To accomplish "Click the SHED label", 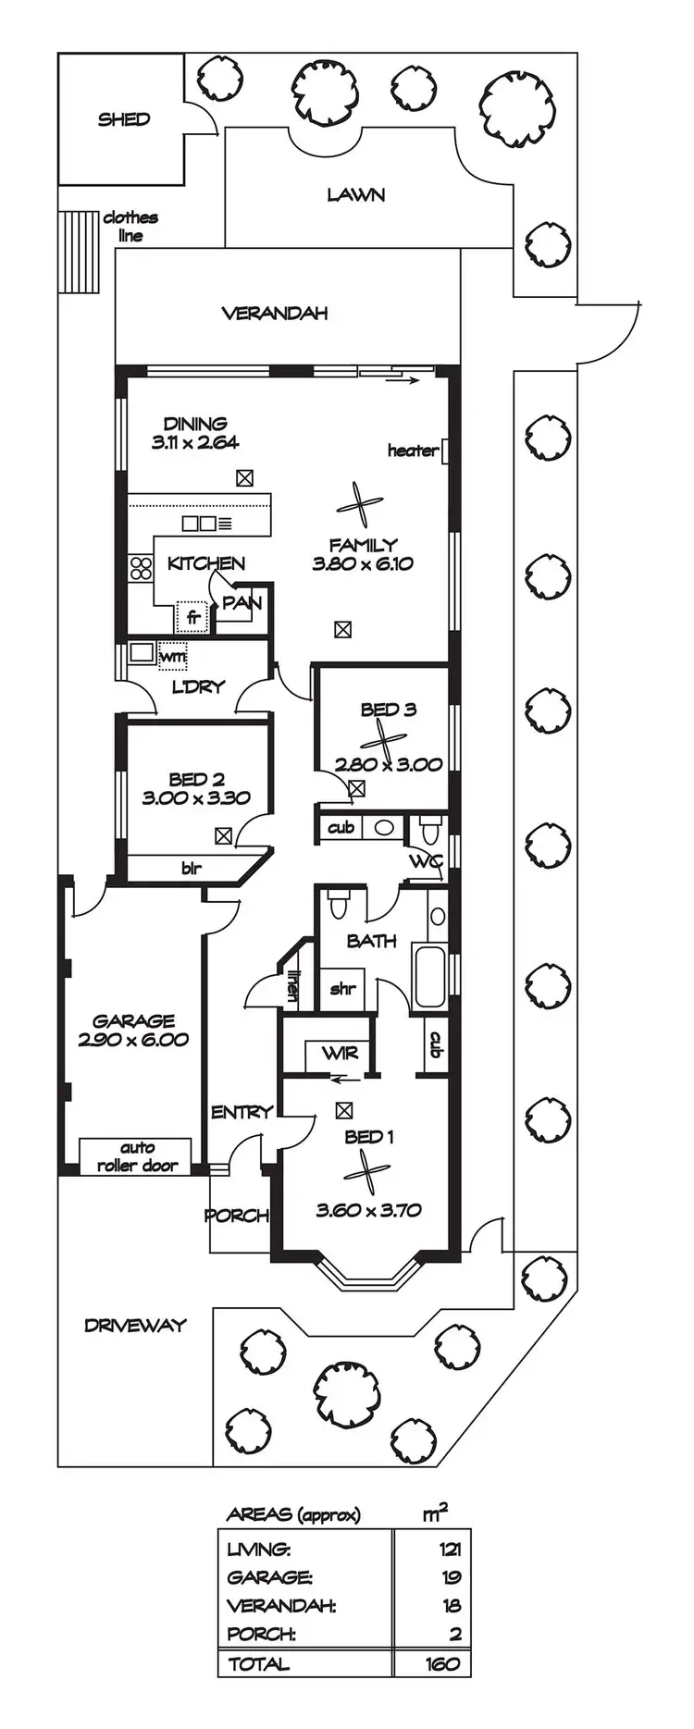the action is pos(124,118).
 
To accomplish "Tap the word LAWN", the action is pos(356,194).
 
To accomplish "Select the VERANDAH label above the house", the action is pos(275,313).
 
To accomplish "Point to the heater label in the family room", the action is pos(413,451).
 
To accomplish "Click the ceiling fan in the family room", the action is pos(359,504).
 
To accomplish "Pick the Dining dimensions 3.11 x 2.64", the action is pos(195,442).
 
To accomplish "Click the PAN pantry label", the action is pos(242,603).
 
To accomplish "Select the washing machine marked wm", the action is pos(173,655).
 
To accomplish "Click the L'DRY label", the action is pos(199,687).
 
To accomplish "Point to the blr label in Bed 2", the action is pos(192,868).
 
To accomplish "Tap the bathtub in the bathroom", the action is pos(430,977).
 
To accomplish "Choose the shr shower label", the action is pos(342,988).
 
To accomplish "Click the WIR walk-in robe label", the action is pos(340,1053).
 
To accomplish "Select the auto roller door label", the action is pos(138,1156).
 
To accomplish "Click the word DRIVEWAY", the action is pos(135,1325).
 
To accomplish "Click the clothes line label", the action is pos(130,227).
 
